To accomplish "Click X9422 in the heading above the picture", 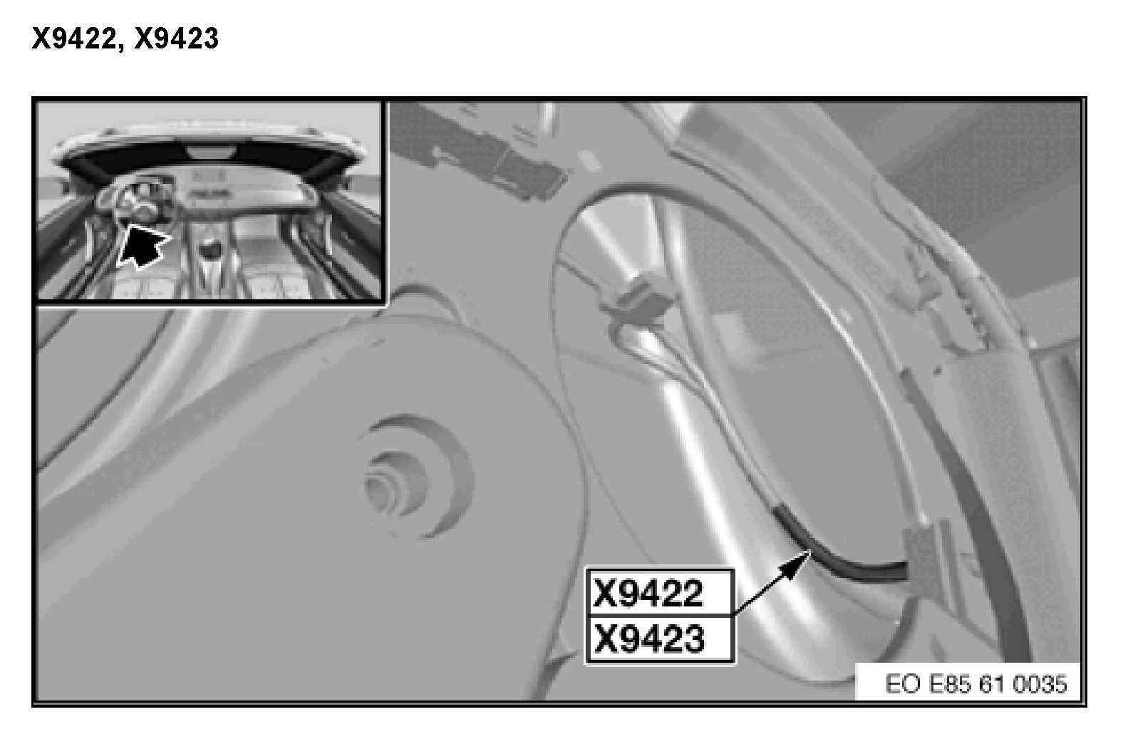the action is [75, 39].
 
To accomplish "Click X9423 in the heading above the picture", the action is [177, 39].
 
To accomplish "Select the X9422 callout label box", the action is [661, 593].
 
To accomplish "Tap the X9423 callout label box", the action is [661, 640].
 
